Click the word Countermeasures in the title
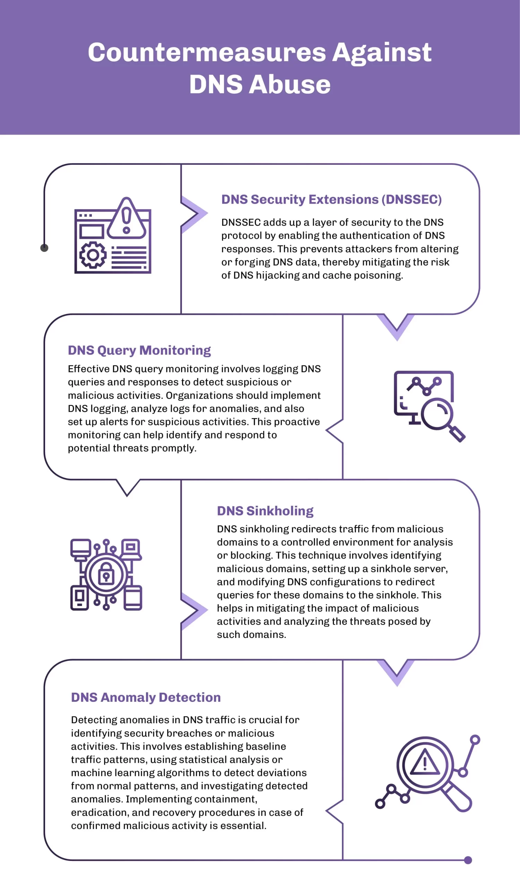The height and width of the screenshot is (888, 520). click(207, 52)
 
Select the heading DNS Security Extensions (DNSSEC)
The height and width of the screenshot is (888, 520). click(331, 199)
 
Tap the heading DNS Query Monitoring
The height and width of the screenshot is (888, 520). click(139, 350)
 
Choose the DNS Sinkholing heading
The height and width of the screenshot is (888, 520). click(265, 511)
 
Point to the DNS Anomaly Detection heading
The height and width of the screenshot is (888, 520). click(146, 697)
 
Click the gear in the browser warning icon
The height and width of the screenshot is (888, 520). click(93, 255)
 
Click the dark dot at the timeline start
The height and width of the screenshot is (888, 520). click(44, 248)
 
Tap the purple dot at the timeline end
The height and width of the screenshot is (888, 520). click(468, 860)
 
